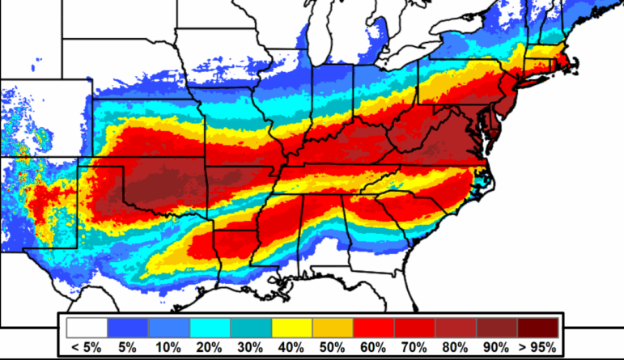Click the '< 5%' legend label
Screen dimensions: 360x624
click(87, 347)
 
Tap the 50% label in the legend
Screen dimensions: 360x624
click(333, 347)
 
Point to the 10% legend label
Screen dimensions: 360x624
click(168, 347)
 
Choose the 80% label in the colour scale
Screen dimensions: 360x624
click(456, 347)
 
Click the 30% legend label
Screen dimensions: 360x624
click(251, 347)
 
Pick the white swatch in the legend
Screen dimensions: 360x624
click(87, 328)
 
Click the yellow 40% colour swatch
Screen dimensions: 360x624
click(291, 328)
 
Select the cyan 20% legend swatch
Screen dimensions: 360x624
click(210, 328)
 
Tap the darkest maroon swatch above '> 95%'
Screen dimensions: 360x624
click(537, 328)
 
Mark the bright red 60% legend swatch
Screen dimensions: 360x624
click(374, 328)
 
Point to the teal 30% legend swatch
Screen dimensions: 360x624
click(251, 328)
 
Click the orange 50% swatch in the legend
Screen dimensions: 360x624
click(333, 328)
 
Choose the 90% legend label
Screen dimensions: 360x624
click(496, 347)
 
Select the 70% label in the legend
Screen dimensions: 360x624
click(414, 347)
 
